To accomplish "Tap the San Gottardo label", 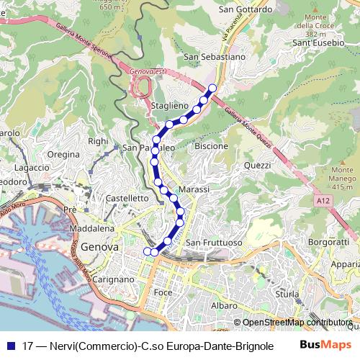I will [x=246, y=10].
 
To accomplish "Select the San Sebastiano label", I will [x=215, y=55].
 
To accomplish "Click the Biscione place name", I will [x=211, y=146].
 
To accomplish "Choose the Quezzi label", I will [x=257, y=165].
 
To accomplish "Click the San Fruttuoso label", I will [x=214, y=243].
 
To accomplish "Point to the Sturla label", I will [x=287, y=294].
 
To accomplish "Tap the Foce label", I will [x=163, y=293].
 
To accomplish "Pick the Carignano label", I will [x=114, y=279].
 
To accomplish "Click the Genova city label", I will [x=100, y=247].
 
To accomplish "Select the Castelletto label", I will [x=127, y=197].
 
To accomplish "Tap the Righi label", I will [x=97, y=142].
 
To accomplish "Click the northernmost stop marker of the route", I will [x=212, y=89].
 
